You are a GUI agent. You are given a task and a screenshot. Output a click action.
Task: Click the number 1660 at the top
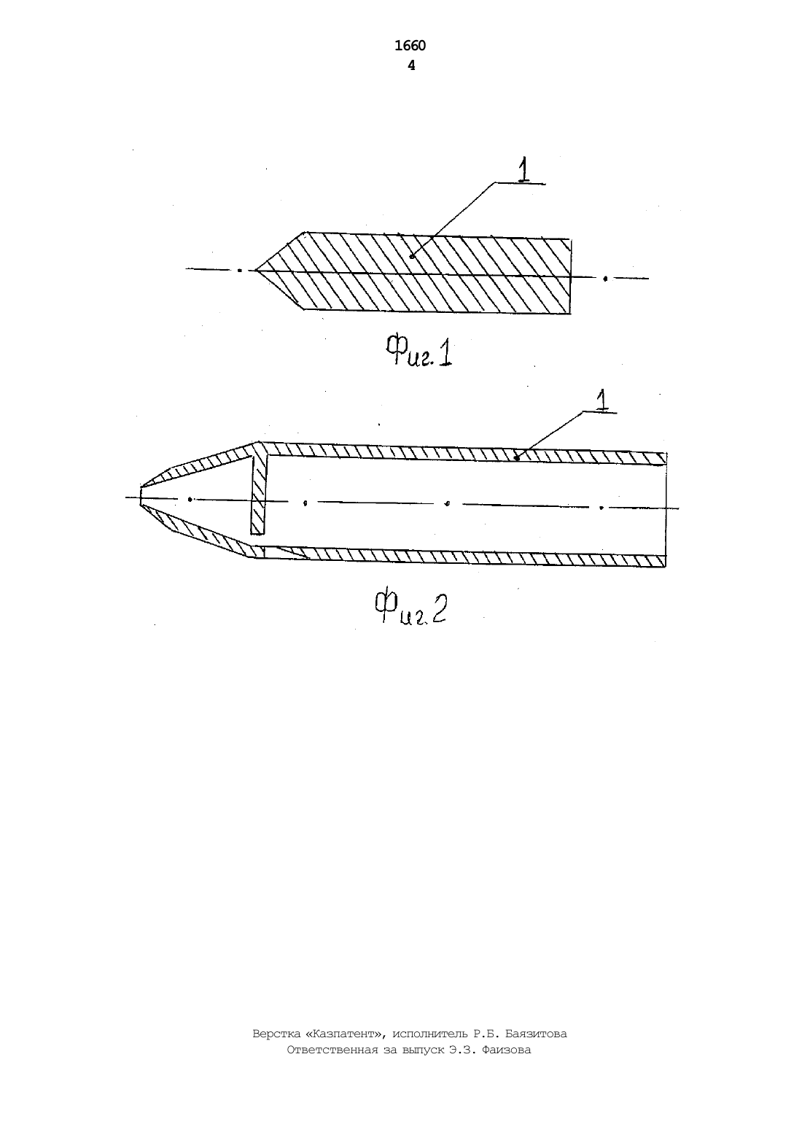pos(410,46)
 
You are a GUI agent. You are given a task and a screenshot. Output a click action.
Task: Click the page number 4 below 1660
pos(411,66)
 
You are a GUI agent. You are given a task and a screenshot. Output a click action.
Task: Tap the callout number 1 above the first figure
pos(524,169)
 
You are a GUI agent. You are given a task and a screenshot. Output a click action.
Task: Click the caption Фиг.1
pos(418,352)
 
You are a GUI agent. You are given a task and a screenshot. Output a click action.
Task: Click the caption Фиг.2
pos(410,607)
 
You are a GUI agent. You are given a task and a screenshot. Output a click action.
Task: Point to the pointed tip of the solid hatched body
pos(256,270)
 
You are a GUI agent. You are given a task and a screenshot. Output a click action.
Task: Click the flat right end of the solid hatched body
pos(571,276)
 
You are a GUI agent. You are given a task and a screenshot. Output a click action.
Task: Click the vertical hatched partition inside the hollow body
pos(258,494)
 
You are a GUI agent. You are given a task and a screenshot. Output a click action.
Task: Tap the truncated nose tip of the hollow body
pos(141,495)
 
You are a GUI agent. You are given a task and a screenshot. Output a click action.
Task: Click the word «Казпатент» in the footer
pos(345,1034)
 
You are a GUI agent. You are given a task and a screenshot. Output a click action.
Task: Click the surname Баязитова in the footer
pos(536,1034)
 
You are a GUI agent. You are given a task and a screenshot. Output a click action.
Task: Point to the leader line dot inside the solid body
pos(412,257)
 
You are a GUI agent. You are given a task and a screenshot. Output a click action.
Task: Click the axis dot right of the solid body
pos(605,278)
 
